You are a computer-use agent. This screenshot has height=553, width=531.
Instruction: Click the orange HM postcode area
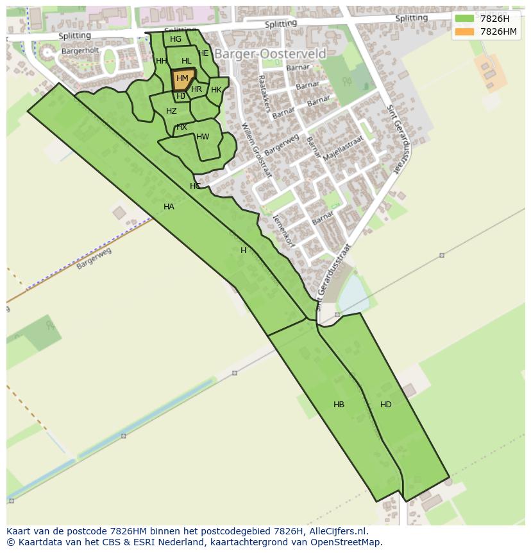[x=182, y=79]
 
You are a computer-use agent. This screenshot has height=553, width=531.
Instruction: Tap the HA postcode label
[x=169, y=207]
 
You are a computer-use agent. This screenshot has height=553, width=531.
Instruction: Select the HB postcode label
[x=339, y=405]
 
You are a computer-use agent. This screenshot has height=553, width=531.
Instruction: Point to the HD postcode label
[x=385, y=405]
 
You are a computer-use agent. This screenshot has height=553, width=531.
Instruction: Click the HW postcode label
[x=203, y=137]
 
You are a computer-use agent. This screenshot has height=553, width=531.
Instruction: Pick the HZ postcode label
[x=171, y=111]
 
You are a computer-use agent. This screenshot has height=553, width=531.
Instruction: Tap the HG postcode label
[x=176, y=39]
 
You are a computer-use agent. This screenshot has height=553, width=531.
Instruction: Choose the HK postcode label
[x=216, y=90]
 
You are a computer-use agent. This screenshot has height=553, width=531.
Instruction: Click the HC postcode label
[x=196, y=186]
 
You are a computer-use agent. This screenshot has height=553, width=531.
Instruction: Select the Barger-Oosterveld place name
[x=270, y=54]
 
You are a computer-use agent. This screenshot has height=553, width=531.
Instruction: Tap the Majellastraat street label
[x=344, y=149]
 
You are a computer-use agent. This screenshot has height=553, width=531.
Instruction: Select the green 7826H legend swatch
[x=464, y=19]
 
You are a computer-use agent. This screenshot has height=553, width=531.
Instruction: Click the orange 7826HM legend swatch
[x=464, y=31]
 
